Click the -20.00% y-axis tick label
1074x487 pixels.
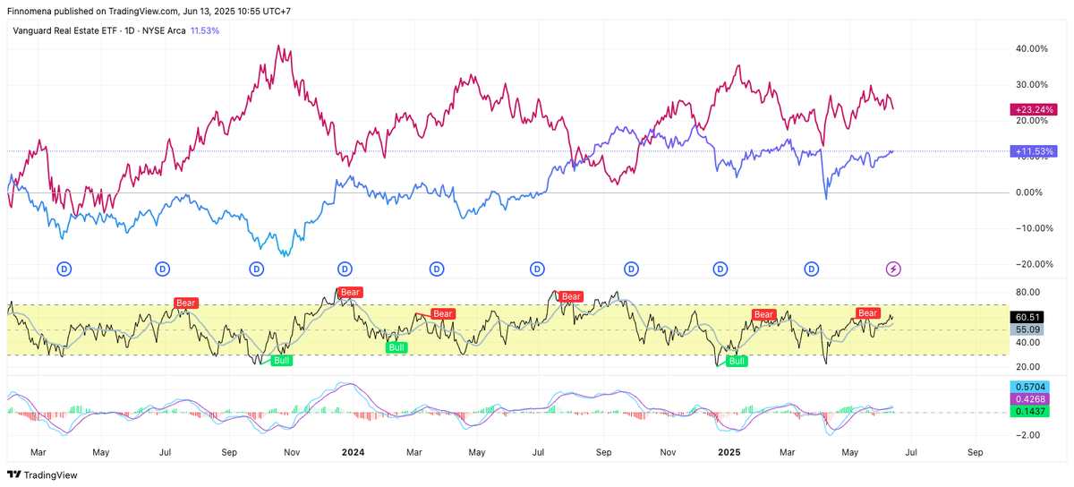(x=1029, y=264)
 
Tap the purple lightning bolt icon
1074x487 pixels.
(x=893, y=269)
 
